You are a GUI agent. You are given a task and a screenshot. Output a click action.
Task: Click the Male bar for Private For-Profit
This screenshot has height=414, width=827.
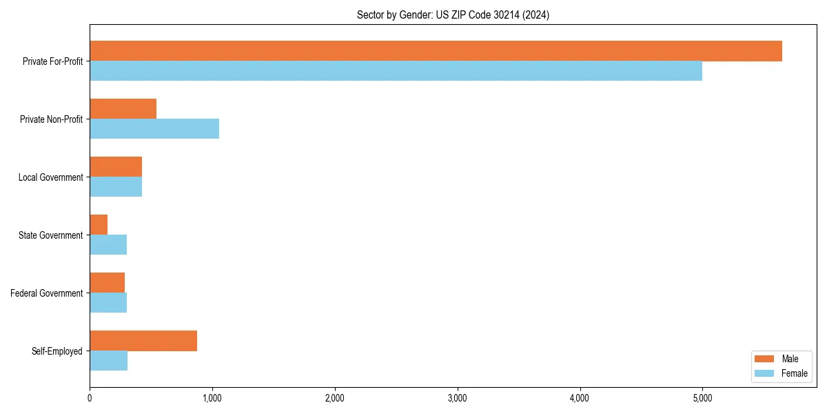pos(436,51)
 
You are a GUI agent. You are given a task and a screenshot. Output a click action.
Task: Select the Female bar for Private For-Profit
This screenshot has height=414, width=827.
pos(396,71)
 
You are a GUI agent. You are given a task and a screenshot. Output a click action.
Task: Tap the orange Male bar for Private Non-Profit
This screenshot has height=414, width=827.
pos(123,109)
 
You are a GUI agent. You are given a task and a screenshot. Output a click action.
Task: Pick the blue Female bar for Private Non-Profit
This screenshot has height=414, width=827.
pos(154,129)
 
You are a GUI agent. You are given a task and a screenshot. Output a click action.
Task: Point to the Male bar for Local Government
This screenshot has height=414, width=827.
pos(116,167)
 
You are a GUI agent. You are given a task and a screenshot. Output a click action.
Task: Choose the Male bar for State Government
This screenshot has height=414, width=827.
pos(99,225)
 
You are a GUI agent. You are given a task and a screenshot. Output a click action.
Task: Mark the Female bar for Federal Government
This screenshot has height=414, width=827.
pos(108,303)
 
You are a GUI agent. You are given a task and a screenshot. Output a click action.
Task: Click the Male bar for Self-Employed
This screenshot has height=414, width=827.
pos(143,341)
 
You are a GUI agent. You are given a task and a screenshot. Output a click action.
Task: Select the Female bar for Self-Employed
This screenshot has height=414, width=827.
pos(108,361)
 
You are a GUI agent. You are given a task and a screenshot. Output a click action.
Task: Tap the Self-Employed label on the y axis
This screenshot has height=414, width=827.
pos(57,351)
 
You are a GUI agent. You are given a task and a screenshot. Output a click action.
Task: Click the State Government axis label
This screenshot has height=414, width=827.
pos(51,235)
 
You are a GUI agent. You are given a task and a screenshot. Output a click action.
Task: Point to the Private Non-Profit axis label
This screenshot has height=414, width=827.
pos(52,119)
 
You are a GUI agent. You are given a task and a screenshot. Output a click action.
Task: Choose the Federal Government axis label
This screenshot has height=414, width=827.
pos(47,293)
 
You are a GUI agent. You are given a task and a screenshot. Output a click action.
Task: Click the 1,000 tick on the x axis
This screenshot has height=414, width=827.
pos(212,398)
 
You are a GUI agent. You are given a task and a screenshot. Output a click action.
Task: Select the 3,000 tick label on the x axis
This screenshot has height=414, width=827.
pos(457,398)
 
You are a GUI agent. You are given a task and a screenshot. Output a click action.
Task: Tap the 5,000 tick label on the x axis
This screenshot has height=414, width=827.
pos(702,398)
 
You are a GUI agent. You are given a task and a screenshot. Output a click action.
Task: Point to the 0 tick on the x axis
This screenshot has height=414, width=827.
pos(90,398)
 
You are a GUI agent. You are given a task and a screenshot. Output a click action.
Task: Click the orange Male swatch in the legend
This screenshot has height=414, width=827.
pos(765,359)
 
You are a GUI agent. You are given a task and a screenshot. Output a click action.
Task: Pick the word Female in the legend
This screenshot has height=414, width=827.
pos(795,373)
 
